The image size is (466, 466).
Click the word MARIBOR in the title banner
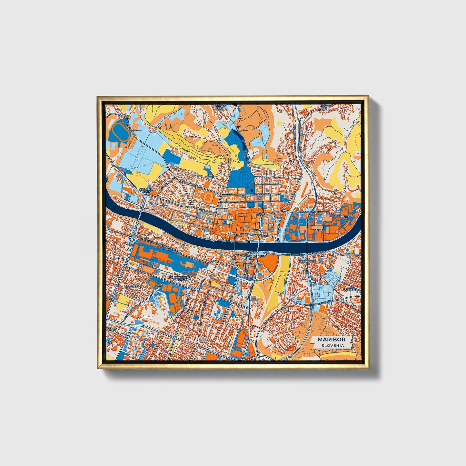tap(332, 339)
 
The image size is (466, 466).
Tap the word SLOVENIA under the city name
tap(332, 345)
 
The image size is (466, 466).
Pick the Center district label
tap(261, 214)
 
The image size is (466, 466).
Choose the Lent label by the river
tap(227, 241)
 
